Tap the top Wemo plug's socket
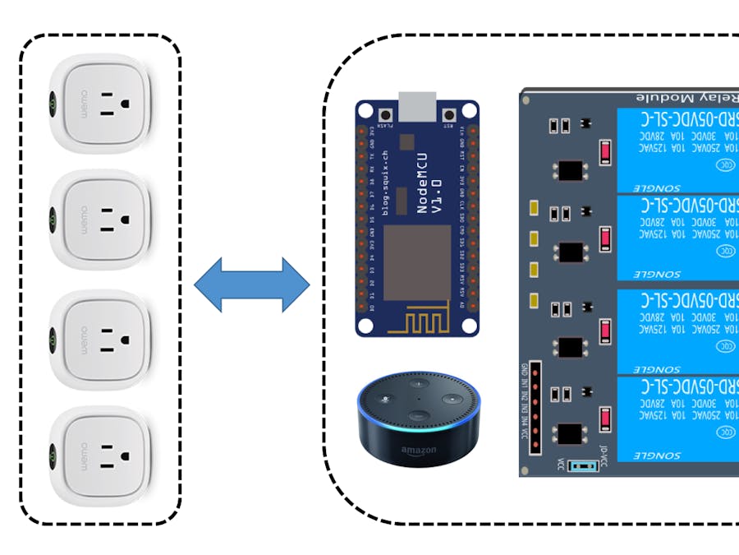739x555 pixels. click(112, 104)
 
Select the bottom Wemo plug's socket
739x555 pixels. click(112, 456)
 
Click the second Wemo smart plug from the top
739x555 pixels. click(99, 220)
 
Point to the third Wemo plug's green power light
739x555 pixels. click(53, 339)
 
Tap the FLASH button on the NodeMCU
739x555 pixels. click(383, 114)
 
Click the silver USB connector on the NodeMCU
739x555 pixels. click(416, 107)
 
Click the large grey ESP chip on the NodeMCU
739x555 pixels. click(418, 262)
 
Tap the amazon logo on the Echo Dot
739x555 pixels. click(418, 451)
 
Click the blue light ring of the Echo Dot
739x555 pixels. click(419, 428)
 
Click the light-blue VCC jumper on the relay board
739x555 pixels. click(582, 466)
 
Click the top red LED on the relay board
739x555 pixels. click(606, 153)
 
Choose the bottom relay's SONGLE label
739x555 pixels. click(656, 455)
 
